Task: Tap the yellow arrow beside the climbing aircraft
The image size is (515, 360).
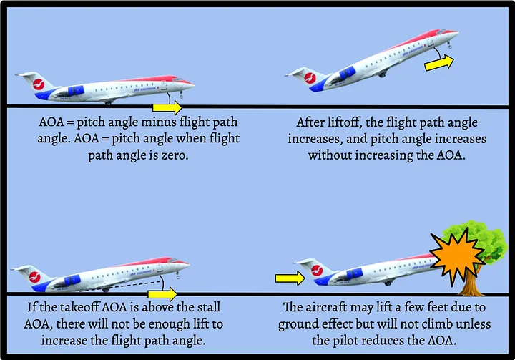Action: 438,64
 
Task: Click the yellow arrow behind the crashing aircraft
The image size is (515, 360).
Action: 289,277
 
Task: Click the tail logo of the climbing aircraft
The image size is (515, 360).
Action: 311,77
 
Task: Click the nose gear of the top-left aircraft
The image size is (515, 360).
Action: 182,94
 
